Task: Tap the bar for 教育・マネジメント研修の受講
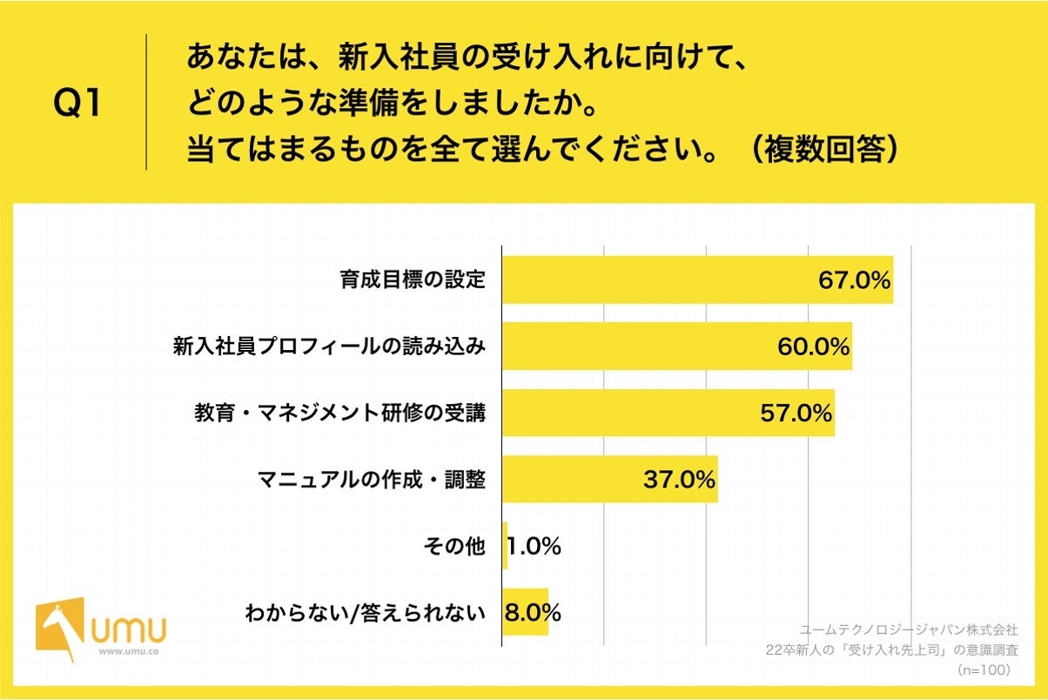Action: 627,413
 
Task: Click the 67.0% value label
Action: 854,280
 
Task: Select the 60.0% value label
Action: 813,347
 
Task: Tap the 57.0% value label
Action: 796,413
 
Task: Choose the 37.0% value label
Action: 679,479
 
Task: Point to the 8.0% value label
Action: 533,612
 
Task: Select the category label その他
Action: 452,546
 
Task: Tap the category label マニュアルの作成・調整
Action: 371,479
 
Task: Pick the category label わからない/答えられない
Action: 365,613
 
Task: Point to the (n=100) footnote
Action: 983,670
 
